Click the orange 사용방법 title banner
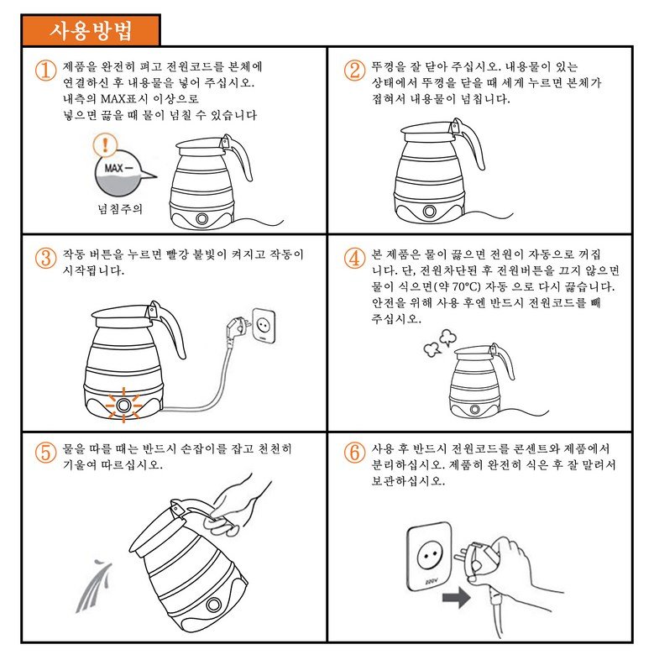(91, 30)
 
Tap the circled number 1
(46, 70)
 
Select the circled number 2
(354, 70)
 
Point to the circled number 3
(46, 258)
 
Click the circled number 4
(354, 258)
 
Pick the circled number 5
(46, 453)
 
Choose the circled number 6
(354, 453)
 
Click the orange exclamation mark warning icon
(105, 144)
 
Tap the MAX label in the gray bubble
(114, 168)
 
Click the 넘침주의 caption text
(120, 209)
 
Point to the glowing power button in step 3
(123, 405)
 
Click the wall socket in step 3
(264, 325)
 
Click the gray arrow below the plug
(456, 597)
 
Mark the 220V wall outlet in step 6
(429, 557)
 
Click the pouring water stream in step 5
(95, 585)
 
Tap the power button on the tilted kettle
(213, 605)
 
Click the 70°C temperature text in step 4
(466, 287)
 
